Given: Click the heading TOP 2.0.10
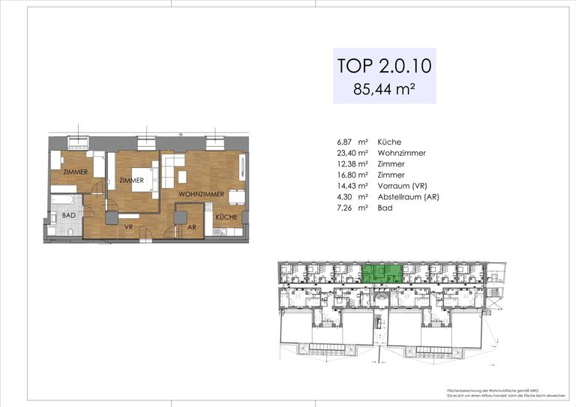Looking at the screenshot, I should coord(384,65).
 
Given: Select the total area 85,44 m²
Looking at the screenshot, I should coord(384,89).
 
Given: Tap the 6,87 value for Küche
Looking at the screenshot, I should coord(347,142).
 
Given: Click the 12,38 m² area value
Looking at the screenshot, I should coord(352,163).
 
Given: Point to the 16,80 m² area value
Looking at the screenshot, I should coord(352,175).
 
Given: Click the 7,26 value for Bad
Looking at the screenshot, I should coord(347,207).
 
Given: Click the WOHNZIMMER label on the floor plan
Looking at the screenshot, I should coord(202,194).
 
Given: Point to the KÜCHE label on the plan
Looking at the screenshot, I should coord(226,217).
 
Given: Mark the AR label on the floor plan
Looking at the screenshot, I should coord(192,227).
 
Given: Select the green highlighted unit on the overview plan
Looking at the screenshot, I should coord(382,274).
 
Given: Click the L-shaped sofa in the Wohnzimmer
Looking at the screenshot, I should coord(174,169).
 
